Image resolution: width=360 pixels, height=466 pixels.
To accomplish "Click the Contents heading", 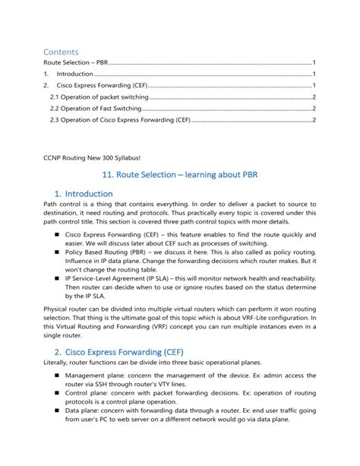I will point(61,51).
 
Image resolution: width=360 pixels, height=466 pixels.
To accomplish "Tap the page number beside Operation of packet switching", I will point(314,97).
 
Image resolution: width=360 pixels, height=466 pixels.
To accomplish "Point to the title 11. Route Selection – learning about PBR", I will point(179,173).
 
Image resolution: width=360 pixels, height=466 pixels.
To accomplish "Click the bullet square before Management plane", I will point(57,375).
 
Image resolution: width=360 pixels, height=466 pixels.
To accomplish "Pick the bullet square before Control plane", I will point(57,395).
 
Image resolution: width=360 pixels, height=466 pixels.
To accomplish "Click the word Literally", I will point(58,363).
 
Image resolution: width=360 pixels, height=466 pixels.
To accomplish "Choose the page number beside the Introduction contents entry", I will point(314,74).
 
